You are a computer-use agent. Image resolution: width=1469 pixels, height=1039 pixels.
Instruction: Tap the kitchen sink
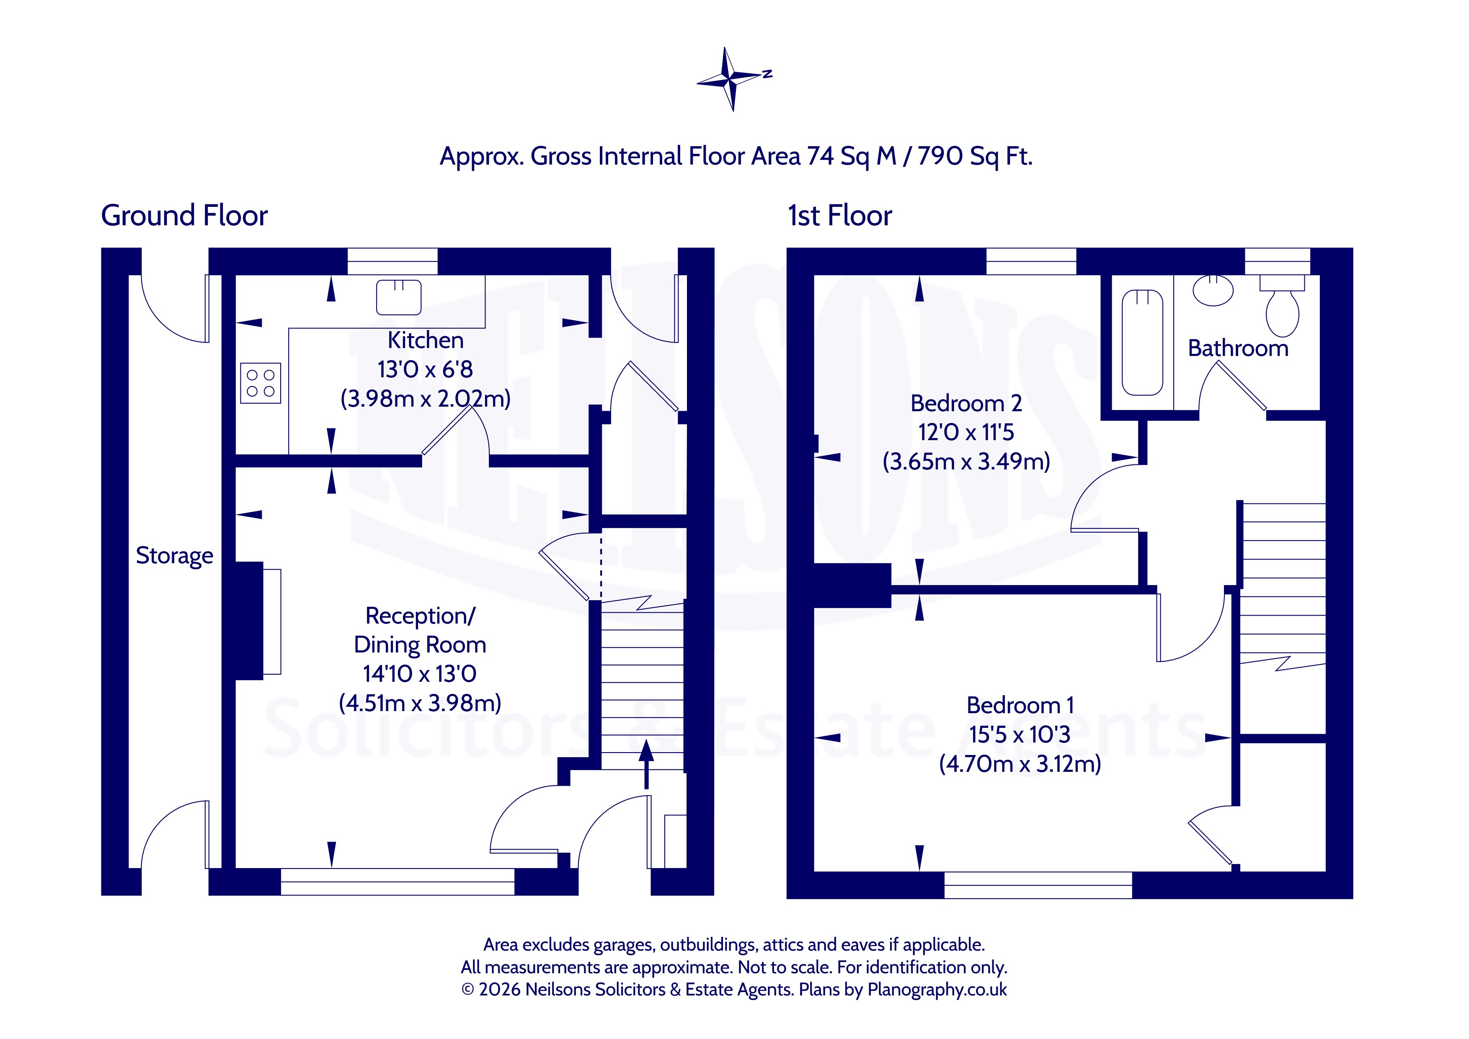coord(399,297)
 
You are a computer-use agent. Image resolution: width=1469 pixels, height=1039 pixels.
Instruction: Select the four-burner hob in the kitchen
coord(261,383)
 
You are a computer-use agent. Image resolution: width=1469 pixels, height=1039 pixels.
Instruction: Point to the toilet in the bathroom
coord(1282,305)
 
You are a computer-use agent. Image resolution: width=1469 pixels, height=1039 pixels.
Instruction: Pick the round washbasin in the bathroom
coord(1213,291)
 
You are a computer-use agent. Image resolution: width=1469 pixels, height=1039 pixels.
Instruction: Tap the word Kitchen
coord(426,340)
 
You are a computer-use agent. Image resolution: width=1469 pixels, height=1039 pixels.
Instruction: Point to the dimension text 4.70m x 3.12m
coord(1020,764)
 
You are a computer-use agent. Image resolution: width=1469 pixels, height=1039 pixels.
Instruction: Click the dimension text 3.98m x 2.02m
coord(426,399)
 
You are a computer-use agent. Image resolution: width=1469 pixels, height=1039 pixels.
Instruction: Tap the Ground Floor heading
coord(184,216)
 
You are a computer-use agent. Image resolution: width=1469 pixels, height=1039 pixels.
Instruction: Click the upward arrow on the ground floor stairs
coord(646,763)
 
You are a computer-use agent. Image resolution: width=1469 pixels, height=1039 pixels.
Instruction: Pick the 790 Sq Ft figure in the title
coord(975,157)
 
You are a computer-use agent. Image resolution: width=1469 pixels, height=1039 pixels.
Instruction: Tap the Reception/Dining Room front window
coord(398,882)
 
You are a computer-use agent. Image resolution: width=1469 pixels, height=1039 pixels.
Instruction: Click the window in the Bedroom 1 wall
coord(1038,885)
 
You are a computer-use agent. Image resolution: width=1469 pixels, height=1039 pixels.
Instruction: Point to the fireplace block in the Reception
coord(250,621)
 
